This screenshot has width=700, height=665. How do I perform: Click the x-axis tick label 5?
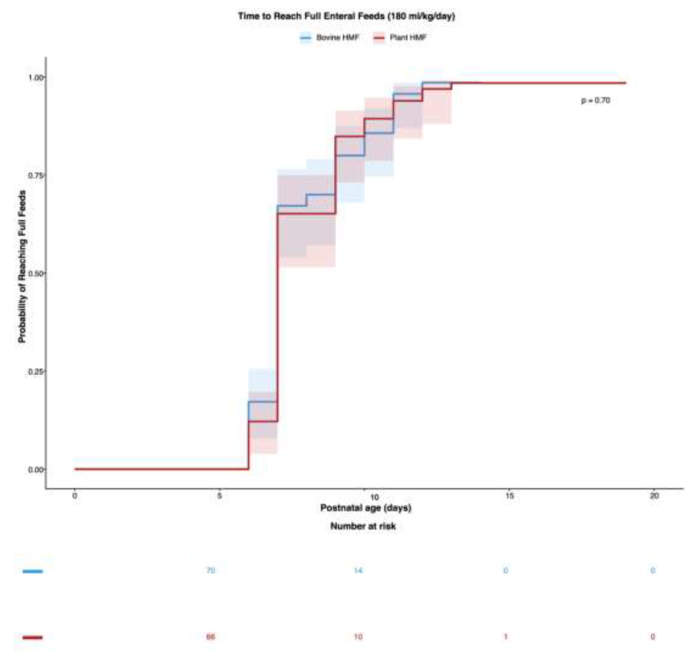219,495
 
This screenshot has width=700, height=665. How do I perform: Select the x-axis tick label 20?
654,495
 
